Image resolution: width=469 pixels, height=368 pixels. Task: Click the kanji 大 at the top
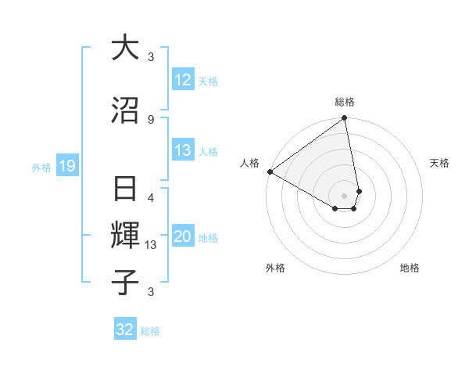[126, 49]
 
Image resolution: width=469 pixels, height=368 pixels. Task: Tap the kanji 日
[126, 190]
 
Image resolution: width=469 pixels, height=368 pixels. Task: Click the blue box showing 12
[183, 80]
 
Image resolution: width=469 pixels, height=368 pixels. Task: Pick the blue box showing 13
[183, 150]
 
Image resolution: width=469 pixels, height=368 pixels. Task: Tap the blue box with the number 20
[183, 236]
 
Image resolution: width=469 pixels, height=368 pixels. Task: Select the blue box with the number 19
[66, 165]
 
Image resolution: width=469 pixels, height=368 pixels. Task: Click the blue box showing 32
[125, 330]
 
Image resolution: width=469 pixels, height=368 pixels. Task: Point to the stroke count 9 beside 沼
[151, 119]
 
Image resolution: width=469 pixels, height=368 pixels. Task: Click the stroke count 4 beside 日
[151, 198]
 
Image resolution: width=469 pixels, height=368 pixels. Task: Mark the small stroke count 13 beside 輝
[152, 245]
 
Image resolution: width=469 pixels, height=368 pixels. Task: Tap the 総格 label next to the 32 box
[150, 331]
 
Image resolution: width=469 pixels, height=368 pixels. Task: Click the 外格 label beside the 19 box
[41, 167]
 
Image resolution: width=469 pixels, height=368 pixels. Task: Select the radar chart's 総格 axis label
[345, 102]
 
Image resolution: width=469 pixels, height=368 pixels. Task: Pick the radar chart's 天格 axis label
[440, 163]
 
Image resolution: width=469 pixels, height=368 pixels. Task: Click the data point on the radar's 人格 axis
[270, 171]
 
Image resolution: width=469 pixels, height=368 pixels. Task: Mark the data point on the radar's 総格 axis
[345, 119]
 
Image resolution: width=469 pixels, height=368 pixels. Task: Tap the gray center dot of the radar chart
[345, 195]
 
